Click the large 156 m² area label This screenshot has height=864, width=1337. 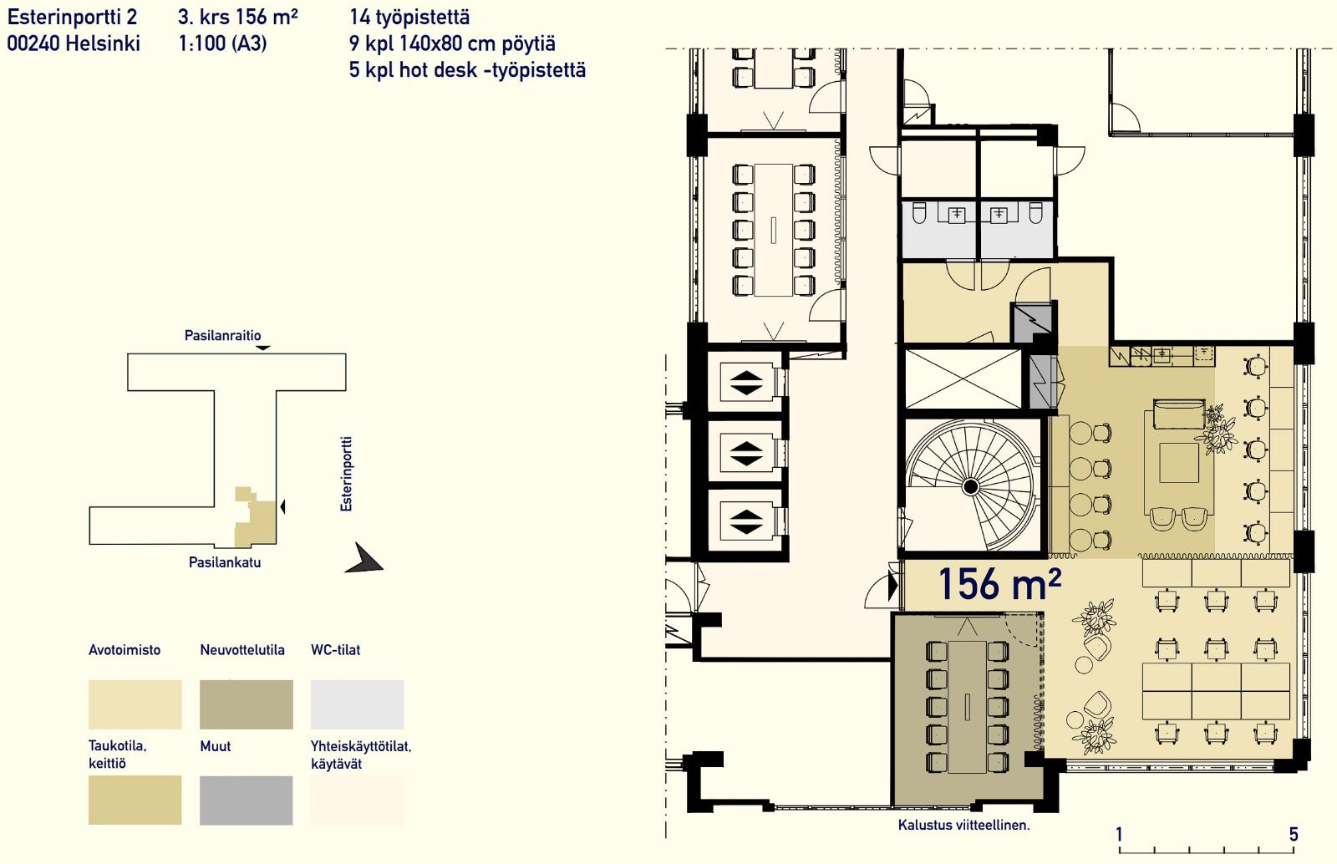[999, 583]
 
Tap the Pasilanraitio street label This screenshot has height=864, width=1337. [222, 335]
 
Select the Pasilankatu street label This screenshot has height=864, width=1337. [225, 562]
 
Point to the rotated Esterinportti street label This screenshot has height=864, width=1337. [346, 474]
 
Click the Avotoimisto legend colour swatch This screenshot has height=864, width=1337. [135, 704]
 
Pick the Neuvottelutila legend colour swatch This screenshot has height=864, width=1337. [246, 704]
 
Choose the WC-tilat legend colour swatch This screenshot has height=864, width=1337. [357, 704]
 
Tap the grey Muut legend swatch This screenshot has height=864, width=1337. [246, 800]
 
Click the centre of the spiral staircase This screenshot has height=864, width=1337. [970, 487]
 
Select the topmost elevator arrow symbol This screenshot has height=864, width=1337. [746, 383]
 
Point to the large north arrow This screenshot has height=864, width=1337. [364, 558]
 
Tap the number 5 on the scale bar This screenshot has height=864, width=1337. [1294, 834]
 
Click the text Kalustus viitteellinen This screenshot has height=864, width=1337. [964, 826]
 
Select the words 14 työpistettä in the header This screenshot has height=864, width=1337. [409, 18]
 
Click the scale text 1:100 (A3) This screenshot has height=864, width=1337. [222, 43]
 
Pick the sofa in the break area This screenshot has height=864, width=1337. [1179, 414]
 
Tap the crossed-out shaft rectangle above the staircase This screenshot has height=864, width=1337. [963, 379]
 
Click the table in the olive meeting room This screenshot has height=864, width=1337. [967, 707]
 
